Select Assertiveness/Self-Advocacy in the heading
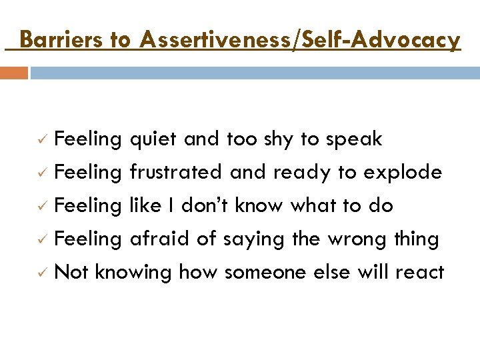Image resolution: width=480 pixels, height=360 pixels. tap(300, 40)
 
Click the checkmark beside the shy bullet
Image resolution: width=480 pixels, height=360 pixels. tap(41, 140)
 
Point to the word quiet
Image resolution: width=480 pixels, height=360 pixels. tap(153, 139)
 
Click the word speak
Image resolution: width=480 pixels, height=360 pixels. tap(354, 139)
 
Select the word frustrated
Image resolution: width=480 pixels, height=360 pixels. tap(177, 173)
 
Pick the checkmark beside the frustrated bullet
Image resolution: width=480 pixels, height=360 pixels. tap(41, 173)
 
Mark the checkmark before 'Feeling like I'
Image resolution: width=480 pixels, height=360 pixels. tap(41, 207)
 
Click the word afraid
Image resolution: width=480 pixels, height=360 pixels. tap(160, 239)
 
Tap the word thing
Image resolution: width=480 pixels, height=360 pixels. tap(416, 239)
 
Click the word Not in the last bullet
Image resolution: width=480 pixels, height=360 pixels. tap(71, 272)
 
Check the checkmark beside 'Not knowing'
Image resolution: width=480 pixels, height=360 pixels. tap(41, 273)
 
